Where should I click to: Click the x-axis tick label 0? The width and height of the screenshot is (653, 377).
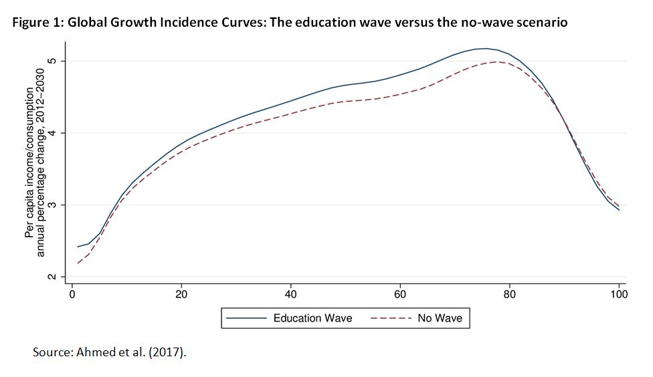click(72, 294)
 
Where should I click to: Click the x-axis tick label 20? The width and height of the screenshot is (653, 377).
click(181, 294)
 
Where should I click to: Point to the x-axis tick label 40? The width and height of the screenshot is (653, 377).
click(291, 294)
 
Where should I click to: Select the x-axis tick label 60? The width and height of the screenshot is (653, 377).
click(400, 294)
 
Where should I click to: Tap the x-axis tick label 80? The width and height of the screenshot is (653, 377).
click(509, 294)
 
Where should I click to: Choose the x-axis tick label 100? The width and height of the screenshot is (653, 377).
click(619, 294)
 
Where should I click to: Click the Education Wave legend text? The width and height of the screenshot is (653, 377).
click(313, 318)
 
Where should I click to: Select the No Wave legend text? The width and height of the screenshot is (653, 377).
click(440, 318)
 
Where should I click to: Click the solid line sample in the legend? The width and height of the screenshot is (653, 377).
click(246, 318)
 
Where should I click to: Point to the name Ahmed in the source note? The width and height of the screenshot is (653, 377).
click(96, 352)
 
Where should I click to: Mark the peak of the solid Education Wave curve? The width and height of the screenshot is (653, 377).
click(483, 48)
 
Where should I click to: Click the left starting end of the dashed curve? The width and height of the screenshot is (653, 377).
click(78, 263)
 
